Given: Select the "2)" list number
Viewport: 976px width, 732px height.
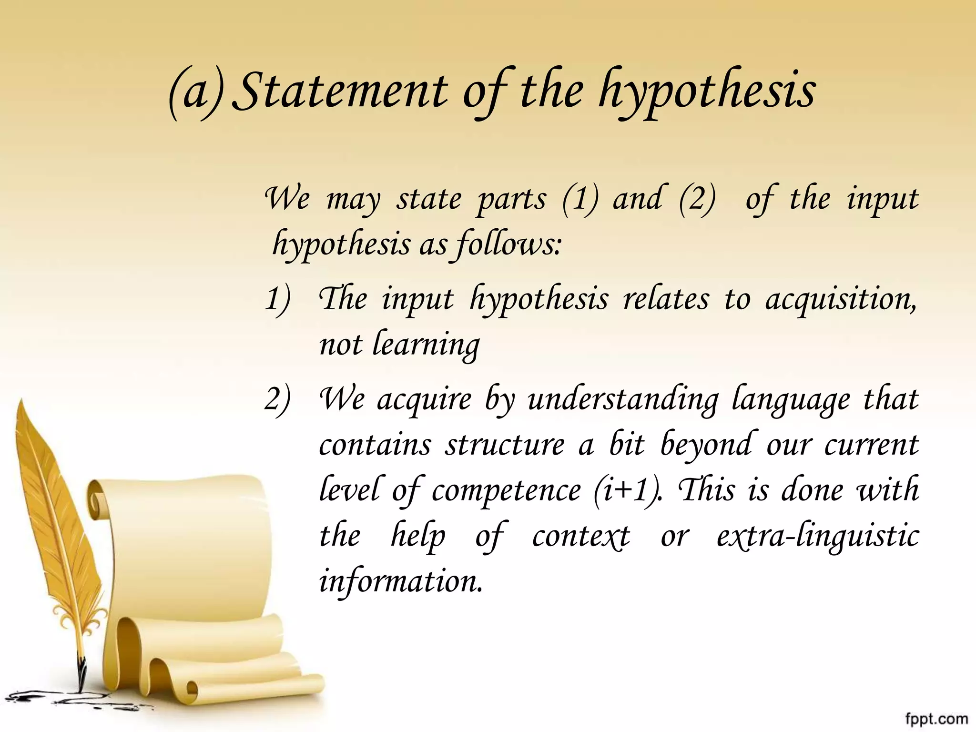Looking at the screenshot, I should tap(277, 399).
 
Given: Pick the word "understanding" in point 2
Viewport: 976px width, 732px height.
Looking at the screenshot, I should tap(623, 399).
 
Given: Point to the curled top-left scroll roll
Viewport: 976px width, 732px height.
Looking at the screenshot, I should tap(101, 500).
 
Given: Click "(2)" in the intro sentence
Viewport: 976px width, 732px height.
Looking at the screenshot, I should tap(697, 198).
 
